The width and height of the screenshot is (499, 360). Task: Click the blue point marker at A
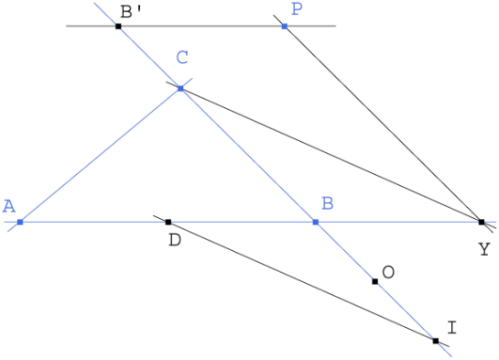coord(19,222)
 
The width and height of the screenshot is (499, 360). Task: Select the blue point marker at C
coord(180,88)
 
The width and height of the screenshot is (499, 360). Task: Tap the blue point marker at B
coord(315,222)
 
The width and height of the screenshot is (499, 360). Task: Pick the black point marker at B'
coord(118,26)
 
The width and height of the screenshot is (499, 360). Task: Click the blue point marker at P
coord(284,26)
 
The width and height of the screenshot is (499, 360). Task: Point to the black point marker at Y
coord(482,222)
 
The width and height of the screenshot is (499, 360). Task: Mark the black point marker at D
coord(168,222)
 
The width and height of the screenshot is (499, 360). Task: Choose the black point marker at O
coord(374,281)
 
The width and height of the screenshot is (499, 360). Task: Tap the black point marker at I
coord(435,341)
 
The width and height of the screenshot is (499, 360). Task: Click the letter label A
coord(9,206)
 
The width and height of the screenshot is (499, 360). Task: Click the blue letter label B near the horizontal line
coord(327,203)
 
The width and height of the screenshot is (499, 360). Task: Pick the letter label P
coord(296,9)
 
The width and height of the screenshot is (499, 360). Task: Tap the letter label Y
coord(483,248)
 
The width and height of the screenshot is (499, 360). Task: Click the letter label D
coord(175,240)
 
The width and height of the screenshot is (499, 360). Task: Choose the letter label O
coord(388,272)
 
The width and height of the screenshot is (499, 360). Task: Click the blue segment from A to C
coord(100,155)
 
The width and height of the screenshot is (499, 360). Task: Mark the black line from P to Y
coord(383,124)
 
